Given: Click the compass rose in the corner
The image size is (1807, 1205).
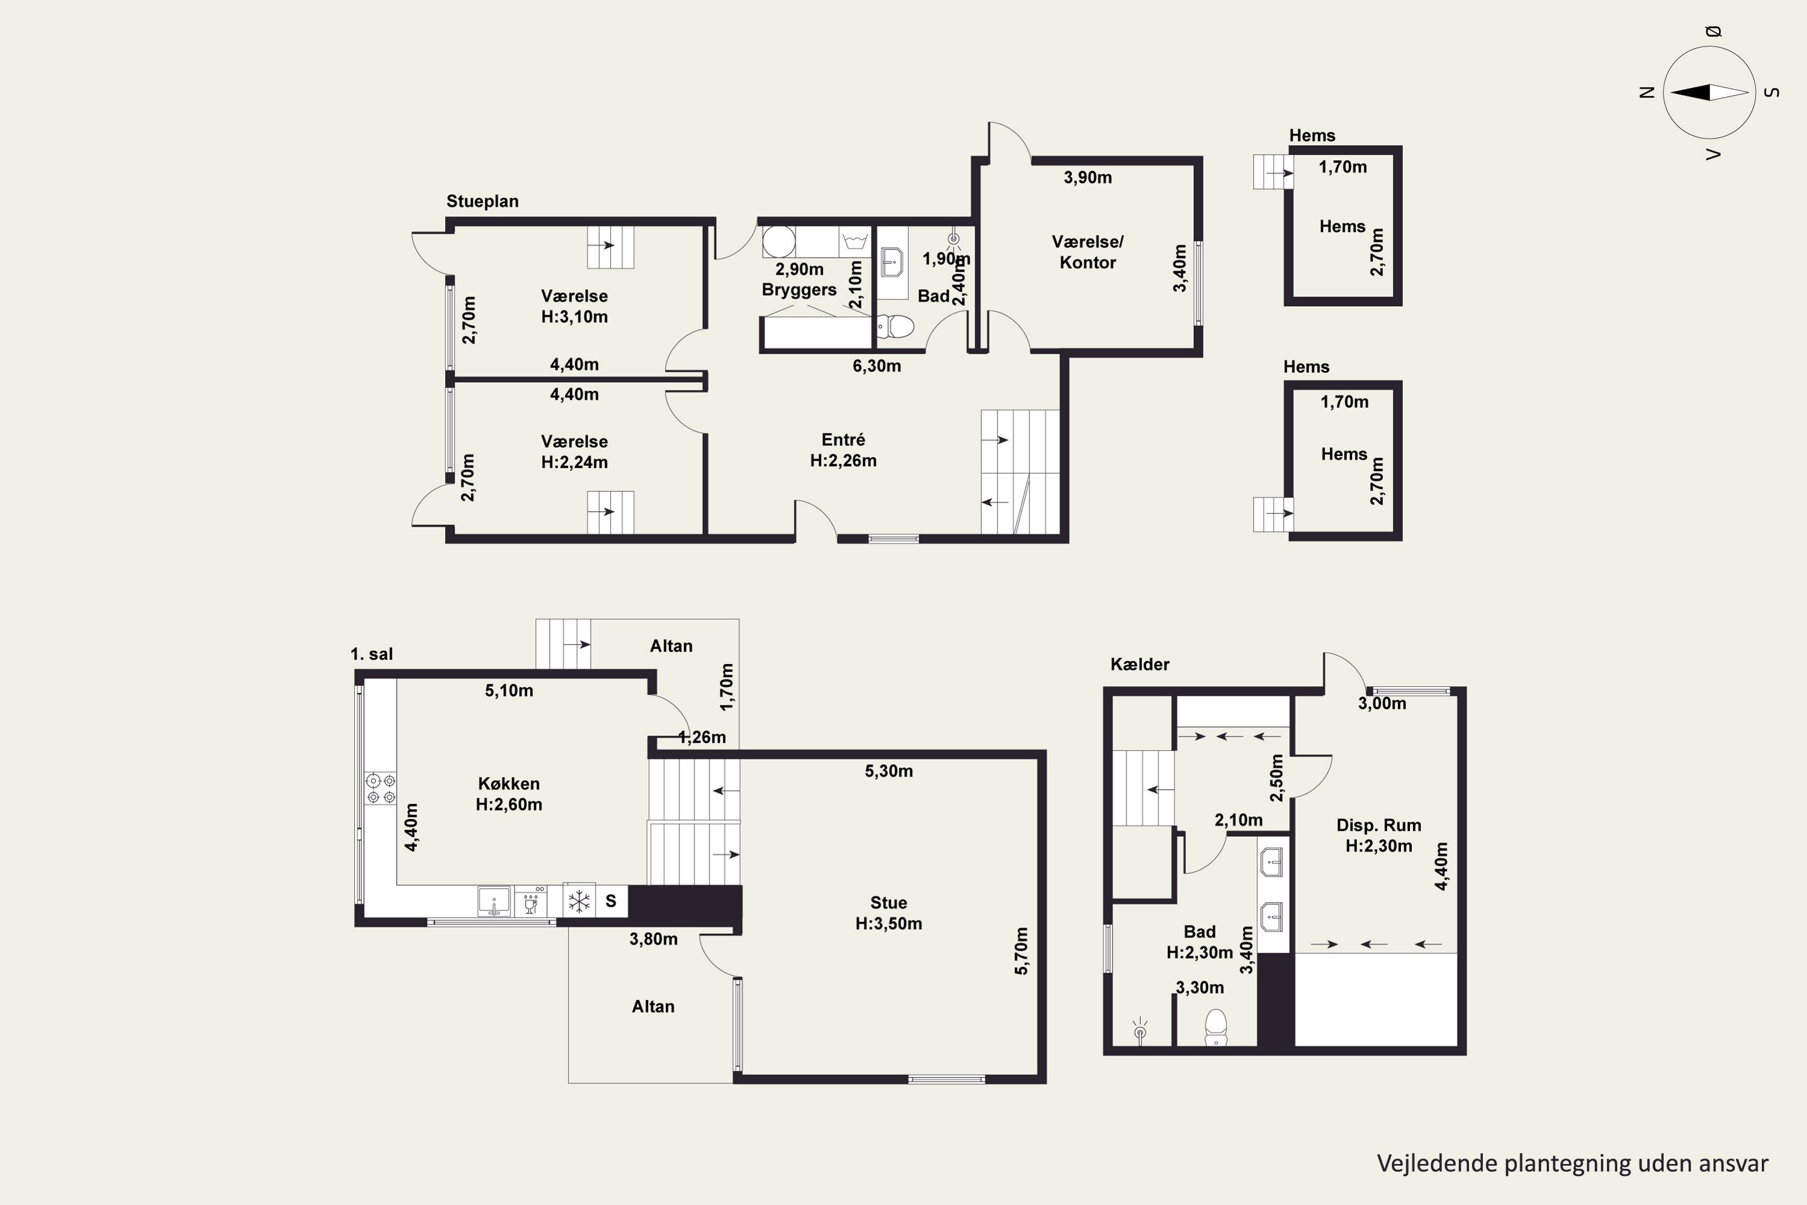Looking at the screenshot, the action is coord(1709,92).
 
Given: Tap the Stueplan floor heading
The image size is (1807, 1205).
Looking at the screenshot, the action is coord(482,201).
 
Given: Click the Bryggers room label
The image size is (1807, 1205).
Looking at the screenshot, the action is coord(799,290).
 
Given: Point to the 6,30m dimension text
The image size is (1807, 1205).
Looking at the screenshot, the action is coord(876,366).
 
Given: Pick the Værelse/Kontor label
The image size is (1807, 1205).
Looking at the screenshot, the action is coord(1087,252).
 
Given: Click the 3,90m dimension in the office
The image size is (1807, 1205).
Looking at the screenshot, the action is coord(1087,178).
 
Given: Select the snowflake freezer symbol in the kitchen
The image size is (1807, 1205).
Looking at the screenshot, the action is coord(578,901).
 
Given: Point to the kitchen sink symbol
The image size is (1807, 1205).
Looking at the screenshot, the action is coord(493,901).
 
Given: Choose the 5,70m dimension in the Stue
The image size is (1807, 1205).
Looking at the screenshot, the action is coord(1021,951).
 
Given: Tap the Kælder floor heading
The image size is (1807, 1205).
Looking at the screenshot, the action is coord(1140,665).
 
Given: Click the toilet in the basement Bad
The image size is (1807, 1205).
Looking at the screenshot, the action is coord(1216,1027).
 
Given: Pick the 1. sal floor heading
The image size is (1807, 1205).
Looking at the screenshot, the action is coord(372,654).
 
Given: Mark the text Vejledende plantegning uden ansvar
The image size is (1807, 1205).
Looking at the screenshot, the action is coord(1572,1163).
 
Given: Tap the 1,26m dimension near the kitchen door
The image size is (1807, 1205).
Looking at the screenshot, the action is coord(702,737).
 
